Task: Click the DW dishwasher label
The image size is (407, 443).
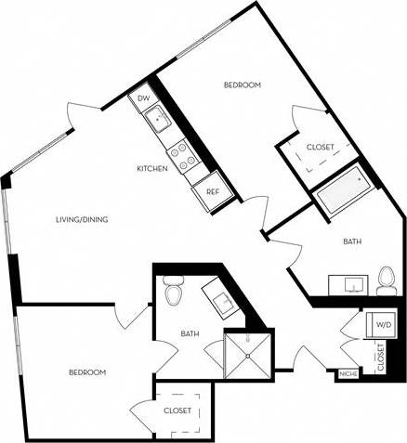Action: point(144,98)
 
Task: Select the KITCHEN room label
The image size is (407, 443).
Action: point(152,169)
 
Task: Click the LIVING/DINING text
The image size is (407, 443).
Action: point(83,220)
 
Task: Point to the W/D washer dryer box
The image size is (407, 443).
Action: point(383,325)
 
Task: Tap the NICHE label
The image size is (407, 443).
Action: point(348,373)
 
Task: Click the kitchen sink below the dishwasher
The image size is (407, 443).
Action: point(159,119)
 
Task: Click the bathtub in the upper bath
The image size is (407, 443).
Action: point(342,191)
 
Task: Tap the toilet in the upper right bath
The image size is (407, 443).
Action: point(387,279)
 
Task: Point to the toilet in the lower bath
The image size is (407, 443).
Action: point(171,292)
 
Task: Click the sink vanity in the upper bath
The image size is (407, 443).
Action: point(349,282)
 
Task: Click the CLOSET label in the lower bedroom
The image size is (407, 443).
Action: point(177,410)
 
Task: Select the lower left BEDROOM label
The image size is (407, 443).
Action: point(86,372)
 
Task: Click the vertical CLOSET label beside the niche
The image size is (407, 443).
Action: point(381,357)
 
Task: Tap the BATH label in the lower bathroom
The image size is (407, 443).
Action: point(190,334)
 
